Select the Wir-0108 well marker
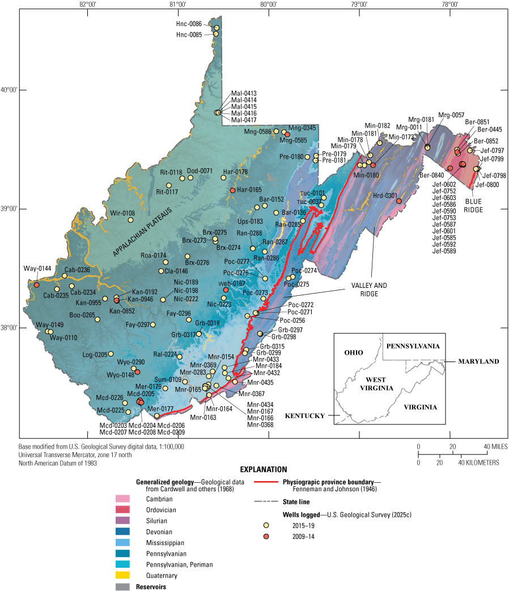click(x=130, y=220)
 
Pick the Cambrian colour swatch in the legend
click(x=122, y=499)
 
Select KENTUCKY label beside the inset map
click(x=306, y=415)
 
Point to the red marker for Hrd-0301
click(x=399, y=201)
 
